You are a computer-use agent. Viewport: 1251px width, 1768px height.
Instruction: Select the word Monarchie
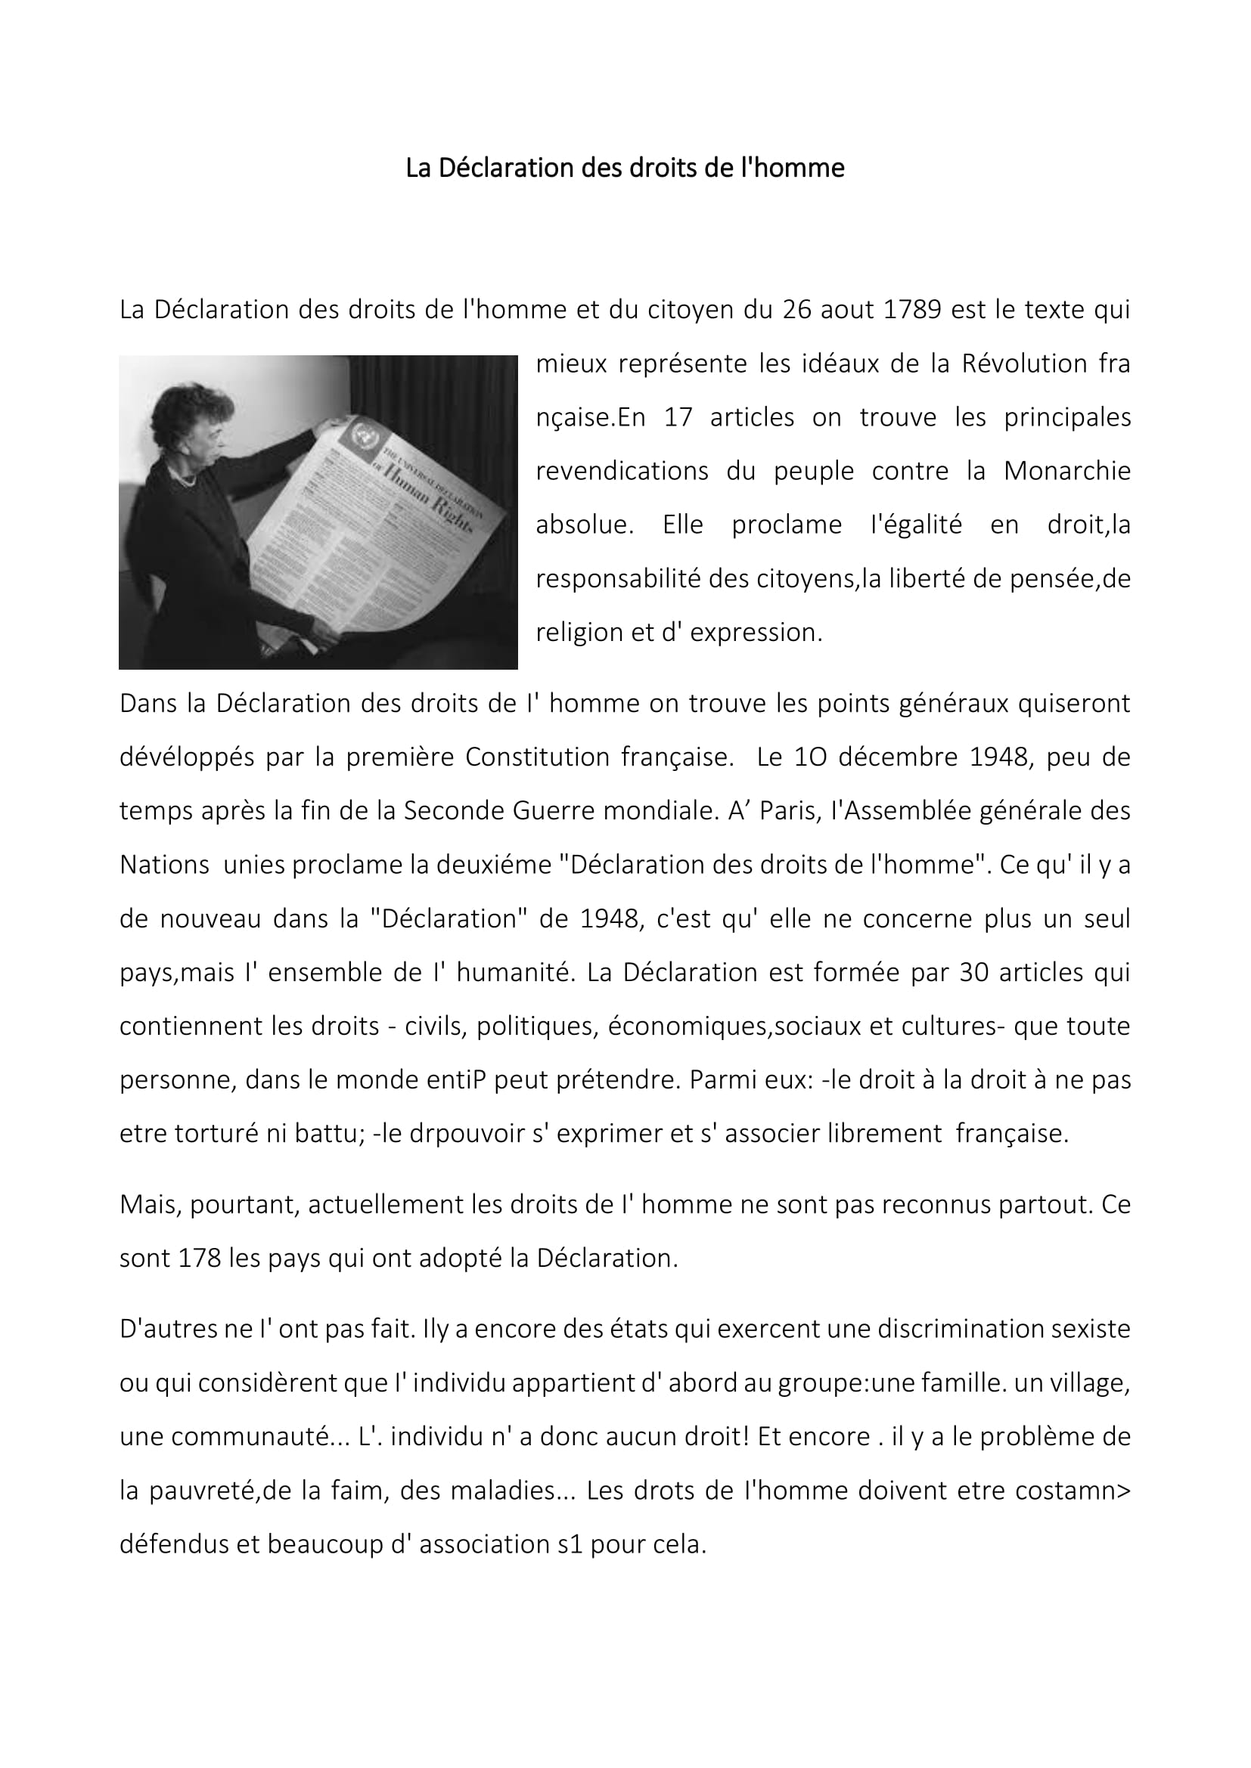click(1067, 470)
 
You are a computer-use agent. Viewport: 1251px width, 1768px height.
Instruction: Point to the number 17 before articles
click(678, 417)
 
